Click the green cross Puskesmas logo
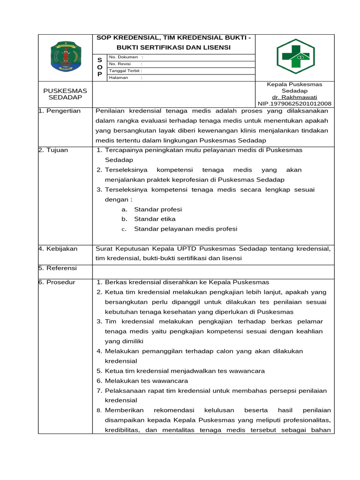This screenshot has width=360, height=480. pos(295,57)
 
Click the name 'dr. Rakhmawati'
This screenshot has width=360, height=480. pos(294,97)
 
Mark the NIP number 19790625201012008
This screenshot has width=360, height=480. pos(294,104)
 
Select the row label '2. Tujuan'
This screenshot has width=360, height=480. pos(54,150)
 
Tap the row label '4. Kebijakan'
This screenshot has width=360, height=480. pos(59,248)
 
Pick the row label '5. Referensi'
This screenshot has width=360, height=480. pos(58,269)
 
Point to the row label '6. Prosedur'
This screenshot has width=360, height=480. pos(57,282)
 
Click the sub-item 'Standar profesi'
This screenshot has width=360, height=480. pos(158,209)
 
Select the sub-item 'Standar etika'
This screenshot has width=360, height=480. pos(155,219)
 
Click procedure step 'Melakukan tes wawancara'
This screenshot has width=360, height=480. pos(146,381)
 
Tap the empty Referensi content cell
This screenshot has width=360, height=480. pos(213,271)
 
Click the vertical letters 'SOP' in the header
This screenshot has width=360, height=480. pos(99,67)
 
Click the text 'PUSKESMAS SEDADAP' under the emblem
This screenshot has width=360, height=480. pos(65,94)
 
